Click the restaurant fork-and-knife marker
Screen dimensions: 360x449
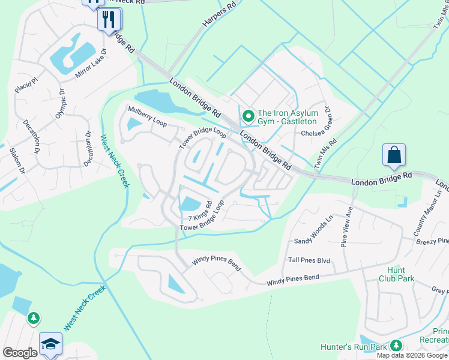[x=109, y=19]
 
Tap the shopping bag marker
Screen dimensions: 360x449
[x=394, y=155]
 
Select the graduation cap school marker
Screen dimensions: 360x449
[x=51, y=344]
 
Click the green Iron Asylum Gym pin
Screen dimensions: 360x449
[x=247, y=115]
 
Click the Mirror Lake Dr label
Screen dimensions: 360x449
[x=90, y=68]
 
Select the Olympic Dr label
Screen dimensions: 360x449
[x=61, y=104]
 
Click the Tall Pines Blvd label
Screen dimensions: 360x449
[x=309, y=260]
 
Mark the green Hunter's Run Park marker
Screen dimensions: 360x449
[x=396, y=345]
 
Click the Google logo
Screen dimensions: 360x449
[x=20, y=353]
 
